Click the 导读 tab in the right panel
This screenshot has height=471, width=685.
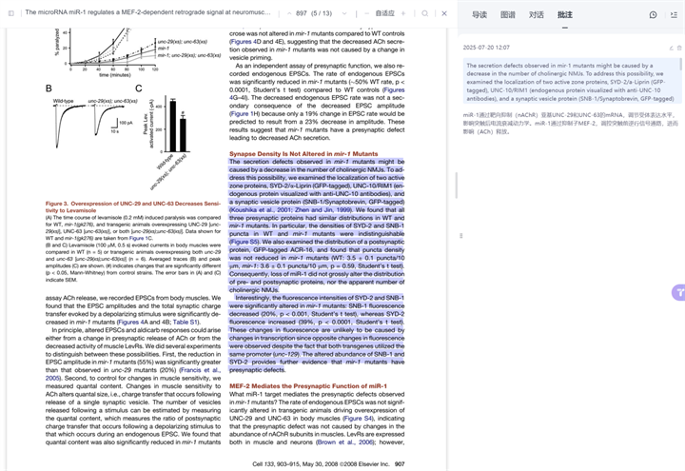pyautogui.click(x=479, y=14)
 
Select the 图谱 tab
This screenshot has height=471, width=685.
pyautogui.click(x=508, y=14)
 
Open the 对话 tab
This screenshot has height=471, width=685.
pyautogui.click(x=537, y=14)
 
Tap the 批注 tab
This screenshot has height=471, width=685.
pyautogui.click(x=565, y=14)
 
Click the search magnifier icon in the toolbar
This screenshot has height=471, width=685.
pyautogui.click(x=424, y=13)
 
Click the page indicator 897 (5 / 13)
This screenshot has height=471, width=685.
pyautogui.click(x=314, y=13)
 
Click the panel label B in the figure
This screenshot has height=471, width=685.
pyautogui.click(x=49, y=88)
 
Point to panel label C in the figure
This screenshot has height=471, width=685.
pyautogui.click(x=138, y=88)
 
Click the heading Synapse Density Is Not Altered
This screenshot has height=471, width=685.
pyautogui.click(x=298, y=153)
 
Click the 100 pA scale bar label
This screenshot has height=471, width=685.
pyautogui.click(x=126, y=123)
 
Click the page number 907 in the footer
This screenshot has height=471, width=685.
pyautogui.click(x=400, y=463)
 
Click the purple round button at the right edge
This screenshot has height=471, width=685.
pyautogui.click(x=678, y=292)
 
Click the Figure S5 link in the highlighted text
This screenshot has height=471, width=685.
pyautogui.click(x=245, y=242)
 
